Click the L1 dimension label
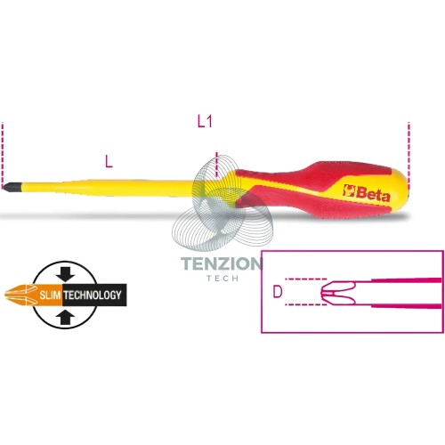pos(205,121)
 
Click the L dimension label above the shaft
pos(109,162)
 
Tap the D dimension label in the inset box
pos(277,292)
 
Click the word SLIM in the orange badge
pos(51,295)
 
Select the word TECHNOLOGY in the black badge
pos(93,295)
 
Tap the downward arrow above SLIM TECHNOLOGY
pos(65,273)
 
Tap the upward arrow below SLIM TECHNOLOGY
pos(65,318)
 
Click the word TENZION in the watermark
pos(222,263)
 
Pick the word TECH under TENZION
pos(222,279)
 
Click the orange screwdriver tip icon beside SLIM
pos(20,295)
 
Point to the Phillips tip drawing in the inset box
pos(338,293)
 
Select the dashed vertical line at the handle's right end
pos(409,156)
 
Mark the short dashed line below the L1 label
pos(217,166)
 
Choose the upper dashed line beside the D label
pos(305,279)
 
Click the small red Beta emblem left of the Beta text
pos(349,190)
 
